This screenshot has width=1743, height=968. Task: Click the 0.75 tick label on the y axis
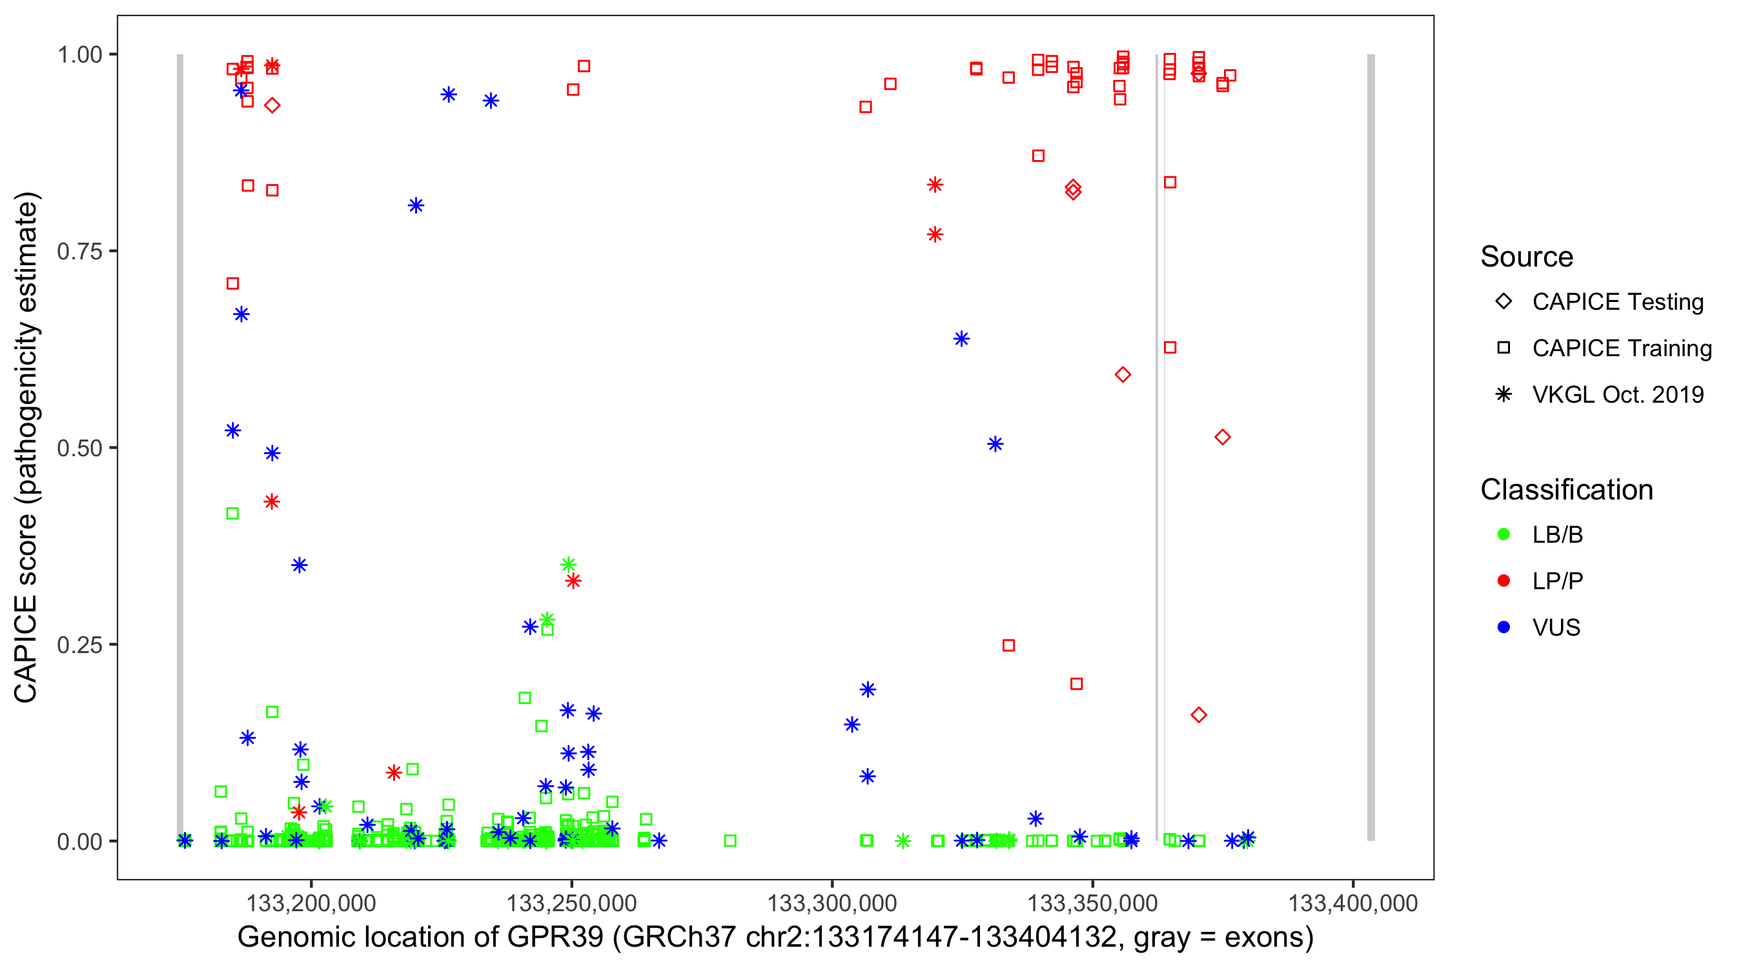(79, 251)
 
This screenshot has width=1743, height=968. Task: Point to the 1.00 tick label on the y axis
(79, 54)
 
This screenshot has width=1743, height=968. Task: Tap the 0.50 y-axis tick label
(79, 448)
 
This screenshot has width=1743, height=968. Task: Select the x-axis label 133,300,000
(831, 902)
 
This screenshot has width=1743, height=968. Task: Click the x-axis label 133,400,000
(1352, 902)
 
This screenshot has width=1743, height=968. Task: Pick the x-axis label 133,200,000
(311, 902)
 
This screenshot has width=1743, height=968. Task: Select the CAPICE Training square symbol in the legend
(1503, 348)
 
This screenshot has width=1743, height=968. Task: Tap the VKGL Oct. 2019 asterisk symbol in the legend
(1503, 394)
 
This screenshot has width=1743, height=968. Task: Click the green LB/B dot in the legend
(1503, 534)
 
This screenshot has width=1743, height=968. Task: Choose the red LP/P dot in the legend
(1503, 580)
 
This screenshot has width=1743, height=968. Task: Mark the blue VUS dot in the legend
(1503, 627)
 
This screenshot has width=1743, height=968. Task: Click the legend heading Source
(1527, 257)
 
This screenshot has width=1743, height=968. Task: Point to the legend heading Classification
(1566, 490)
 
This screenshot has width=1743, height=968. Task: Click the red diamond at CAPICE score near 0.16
(1198, 715)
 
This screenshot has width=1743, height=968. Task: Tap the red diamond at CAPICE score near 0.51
(1222, 437)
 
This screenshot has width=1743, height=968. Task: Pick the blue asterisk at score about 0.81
(416, 206)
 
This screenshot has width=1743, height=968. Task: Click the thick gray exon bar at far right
(1371, 447)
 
